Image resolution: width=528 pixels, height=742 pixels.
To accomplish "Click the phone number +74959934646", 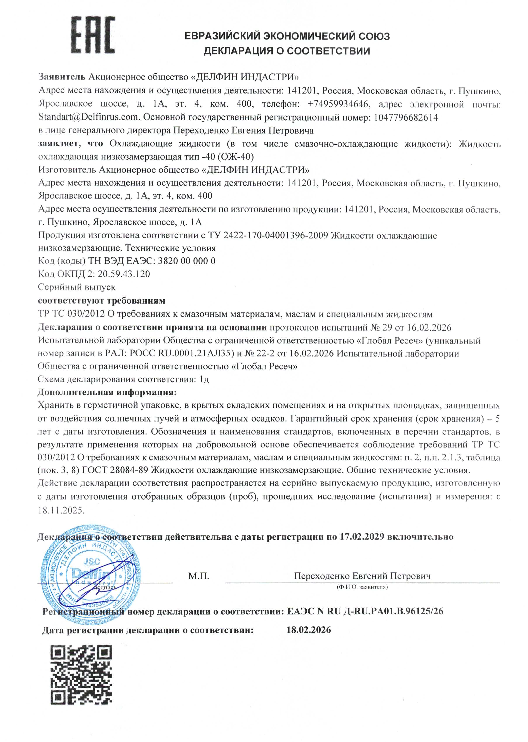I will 338,104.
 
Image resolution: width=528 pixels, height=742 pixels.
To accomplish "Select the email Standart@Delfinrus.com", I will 89,117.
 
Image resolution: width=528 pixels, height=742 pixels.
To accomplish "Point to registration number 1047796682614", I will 406,117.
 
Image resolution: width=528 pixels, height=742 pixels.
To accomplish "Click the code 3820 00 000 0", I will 187,261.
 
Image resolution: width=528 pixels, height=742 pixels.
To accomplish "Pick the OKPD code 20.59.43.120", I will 124,274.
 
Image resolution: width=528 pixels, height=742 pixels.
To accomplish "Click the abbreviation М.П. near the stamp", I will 198,576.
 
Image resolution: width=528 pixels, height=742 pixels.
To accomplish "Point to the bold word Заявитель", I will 62,77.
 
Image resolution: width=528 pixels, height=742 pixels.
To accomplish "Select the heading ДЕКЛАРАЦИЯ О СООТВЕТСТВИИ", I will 287,51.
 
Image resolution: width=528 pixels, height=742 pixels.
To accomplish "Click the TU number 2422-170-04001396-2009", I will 275,235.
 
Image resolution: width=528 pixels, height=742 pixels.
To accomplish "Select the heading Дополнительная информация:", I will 107,392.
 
